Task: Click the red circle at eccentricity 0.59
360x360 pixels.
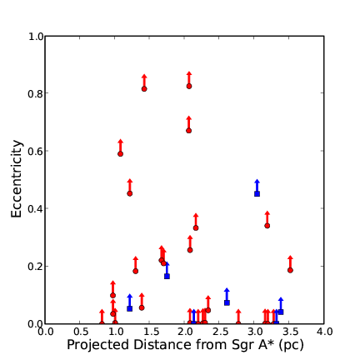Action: pos(120,154)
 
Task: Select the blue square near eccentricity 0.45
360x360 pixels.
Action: pos(257,193)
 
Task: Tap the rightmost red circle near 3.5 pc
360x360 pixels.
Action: pos(290,270)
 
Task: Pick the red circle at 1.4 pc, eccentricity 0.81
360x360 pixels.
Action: pos(144,89)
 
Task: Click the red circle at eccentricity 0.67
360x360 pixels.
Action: pos(188,131)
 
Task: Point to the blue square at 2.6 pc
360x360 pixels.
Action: pos(227,302)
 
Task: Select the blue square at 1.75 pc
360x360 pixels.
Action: pos(167,276)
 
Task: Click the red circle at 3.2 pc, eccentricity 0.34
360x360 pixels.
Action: pos(267,226)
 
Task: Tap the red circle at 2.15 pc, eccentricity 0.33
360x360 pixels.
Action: pos(196,228)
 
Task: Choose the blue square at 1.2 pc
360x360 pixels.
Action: pos(129,308)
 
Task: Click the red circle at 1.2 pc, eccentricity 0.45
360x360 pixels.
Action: pos(130,193)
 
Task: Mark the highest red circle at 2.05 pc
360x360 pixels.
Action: pos(189,86)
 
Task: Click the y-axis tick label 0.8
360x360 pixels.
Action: pos(35,94)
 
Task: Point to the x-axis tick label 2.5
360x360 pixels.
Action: pos(219,332)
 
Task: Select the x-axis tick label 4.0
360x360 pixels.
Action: pos(324,332)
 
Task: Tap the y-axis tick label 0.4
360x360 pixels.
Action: pos(35,209)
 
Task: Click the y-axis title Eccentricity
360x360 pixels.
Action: pos(17,179)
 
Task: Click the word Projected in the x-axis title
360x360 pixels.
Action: pos(97,345)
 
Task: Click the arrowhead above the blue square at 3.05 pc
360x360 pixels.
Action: pos(257,182)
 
